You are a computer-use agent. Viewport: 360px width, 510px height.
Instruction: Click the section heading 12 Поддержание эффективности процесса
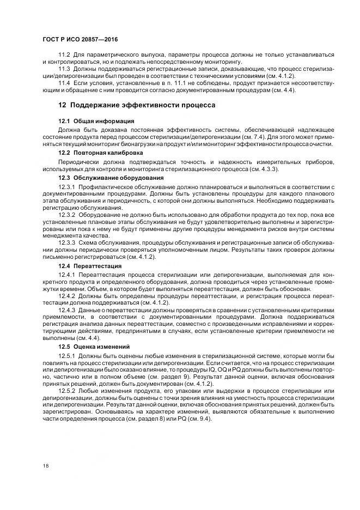137,105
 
